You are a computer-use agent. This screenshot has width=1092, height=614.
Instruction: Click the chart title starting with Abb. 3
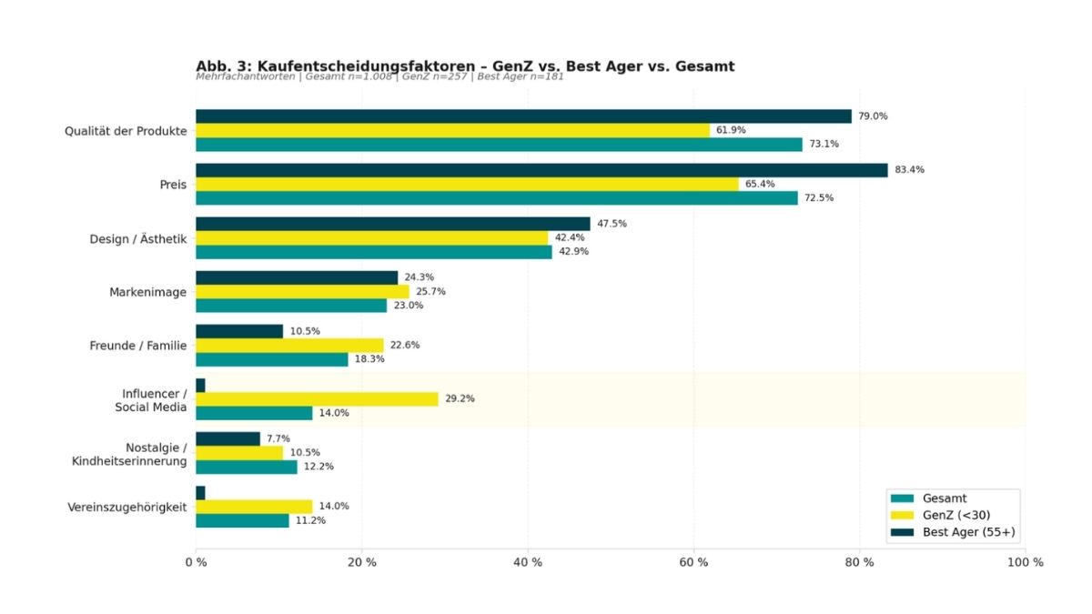click(x=465, y=65)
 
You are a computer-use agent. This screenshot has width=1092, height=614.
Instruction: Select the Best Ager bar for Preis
click(x=541, y=170)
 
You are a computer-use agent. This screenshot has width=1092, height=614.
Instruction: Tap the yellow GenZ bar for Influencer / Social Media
click(x=317, y=398)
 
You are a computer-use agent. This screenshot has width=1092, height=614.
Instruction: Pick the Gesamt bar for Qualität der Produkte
click(x=499, y=144)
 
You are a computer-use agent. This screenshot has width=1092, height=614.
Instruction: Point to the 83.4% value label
click(x=909, y=170)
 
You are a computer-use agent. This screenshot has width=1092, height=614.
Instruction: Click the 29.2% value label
click(x=460, y=398)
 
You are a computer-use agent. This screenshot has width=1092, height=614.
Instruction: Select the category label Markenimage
click(x=147, y=292)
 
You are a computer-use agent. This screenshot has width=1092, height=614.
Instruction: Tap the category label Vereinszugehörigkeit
click(x=127, y=507)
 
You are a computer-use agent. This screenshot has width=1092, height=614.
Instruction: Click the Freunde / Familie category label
click(x=137, y=346)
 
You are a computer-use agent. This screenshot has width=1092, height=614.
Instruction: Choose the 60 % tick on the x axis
click(x=694, y=562)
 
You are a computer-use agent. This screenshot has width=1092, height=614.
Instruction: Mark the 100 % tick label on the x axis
click(x=1026, y=562)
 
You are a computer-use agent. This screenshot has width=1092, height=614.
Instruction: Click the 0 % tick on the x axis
click(x=196, y=562)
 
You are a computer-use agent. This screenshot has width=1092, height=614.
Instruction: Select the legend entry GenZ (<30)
click(x=955, y=515)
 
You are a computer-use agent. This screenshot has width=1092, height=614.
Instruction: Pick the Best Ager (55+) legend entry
click(x=967, y=531)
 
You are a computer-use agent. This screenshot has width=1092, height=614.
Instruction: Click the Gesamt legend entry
click(x=944, y=498)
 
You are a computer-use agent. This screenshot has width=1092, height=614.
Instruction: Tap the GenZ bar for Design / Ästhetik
click(x=371, y=237)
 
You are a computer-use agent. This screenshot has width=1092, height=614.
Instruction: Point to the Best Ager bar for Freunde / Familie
click(x=239, y=331)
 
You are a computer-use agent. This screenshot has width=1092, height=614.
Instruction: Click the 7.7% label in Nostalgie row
click(x=278, y=438)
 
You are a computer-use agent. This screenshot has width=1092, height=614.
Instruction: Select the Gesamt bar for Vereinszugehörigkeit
click(x=242, y=520)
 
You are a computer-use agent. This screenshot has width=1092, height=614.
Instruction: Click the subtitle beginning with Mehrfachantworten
click(x=379, y=77)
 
